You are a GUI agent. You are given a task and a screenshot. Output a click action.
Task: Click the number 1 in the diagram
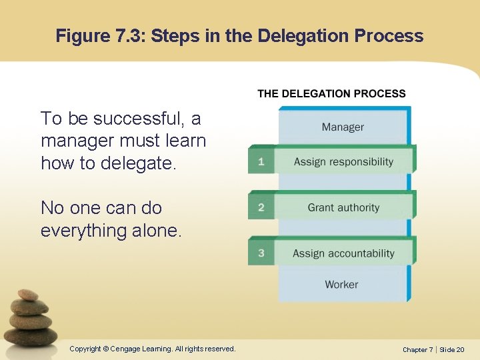(261, 161)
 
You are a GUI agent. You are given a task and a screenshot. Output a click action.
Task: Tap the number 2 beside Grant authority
(261, 207)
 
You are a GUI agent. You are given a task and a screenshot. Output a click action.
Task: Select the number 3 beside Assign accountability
(261, 253)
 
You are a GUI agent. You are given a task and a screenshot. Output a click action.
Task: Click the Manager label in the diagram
(343, 127)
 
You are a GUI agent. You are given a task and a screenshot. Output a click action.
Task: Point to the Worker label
(341, 285)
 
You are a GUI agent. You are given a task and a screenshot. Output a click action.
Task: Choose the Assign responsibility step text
(343, 161)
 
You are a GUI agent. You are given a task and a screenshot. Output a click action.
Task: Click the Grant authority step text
(343, 207)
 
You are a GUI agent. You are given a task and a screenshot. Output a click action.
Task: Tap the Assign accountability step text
(343, 253)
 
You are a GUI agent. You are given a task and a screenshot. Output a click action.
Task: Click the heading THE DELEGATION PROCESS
(331, 94)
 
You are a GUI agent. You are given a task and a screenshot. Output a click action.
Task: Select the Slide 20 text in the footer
(451, 349)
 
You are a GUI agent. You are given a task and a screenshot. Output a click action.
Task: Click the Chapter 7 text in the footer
(419, 349)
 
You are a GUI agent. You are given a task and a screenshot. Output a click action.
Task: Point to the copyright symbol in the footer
(106, 349)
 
